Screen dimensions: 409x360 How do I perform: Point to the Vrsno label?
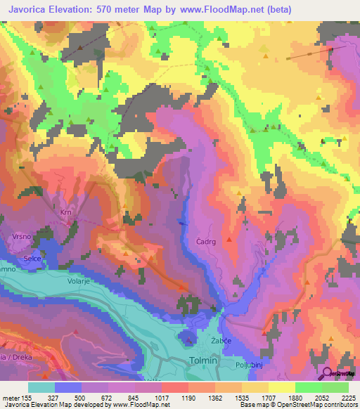[x=20, y=238]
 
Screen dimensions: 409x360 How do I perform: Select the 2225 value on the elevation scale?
[x=348, y=398]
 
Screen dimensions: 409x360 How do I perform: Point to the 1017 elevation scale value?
[x=161, y=398]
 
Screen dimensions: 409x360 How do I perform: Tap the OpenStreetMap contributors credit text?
[x=319, y=405]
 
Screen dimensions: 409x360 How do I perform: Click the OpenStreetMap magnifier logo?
[x=326, y=372]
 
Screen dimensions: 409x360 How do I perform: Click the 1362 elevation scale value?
[x=214, y=398]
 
